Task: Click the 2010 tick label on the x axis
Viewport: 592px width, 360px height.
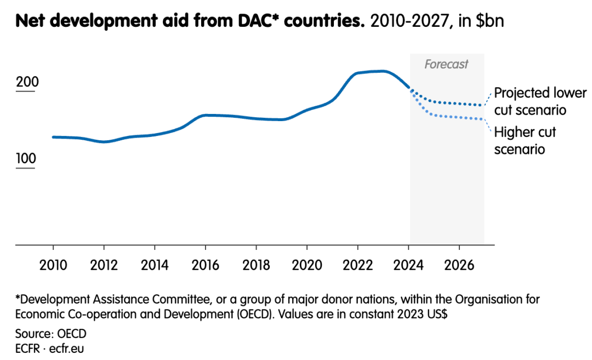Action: click(53, 265)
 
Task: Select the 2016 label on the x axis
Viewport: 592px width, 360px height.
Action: click(206, 265)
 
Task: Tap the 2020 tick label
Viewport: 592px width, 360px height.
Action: click(307, 265)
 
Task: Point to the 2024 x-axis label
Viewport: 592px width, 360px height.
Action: click(408, 265)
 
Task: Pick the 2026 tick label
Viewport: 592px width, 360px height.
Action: click(459, 265)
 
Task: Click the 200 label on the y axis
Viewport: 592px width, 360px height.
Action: click(27, 83)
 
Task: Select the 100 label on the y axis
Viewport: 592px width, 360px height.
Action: click(26, 159)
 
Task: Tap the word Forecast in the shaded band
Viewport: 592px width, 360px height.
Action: click(446, 65)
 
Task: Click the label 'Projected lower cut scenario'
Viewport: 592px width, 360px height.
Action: click(540, 101)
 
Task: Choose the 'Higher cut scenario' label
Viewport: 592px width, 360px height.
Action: click(525, 141)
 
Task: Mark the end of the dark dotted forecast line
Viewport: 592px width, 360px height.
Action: click(482, 105)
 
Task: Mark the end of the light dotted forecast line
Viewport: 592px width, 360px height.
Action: click(482, 119)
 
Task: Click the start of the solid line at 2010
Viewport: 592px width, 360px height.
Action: click(53, 137)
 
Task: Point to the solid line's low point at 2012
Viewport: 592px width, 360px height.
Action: click(104, 142)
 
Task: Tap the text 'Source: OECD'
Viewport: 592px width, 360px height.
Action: click(51, 334)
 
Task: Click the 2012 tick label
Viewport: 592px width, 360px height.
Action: click(104, 265)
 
